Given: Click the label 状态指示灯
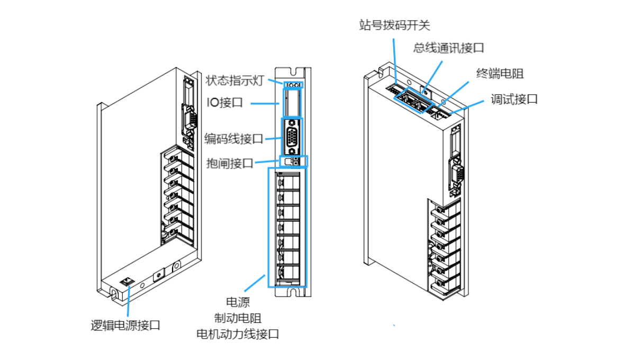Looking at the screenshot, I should coord(234,80).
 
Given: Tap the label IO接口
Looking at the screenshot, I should coord(224,103).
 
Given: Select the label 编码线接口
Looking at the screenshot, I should coord(233,139).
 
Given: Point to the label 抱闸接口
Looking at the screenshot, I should coord(230,163).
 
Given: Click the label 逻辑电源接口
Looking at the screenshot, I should coord(125,325).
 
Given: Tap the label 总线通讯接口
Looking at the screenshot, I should coord(448,48).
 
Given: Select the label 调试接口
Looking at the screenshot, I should coord(513,98).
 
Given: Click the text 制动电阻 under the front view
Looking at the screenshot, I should coord(238,318).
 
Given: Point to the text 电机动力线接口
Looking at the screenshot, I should coord(238,334).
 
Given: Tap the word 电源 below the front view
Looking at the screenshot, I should coord(238,302).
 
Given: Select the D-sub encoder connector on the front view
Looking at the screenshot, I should coord(292,137).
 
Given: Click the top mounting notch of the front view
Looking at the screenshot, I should coord(293,70).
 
